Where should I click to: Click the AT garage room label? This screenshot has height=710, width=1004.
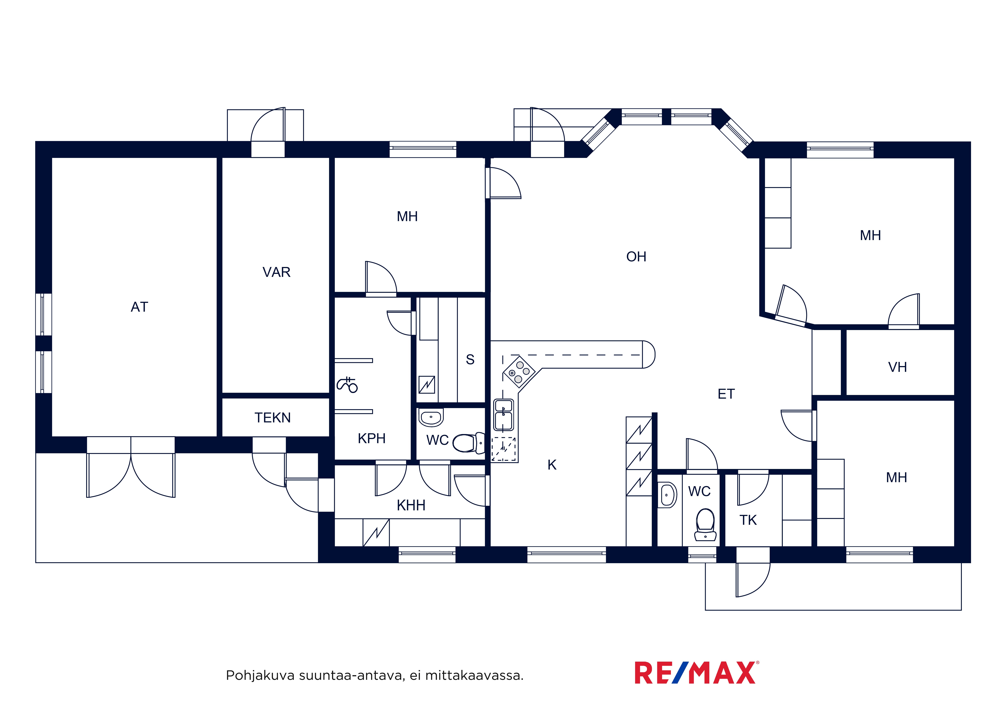click(x=139, y=307)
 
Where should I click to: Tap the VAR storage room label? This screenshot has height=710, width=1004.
click(x=276, y=272)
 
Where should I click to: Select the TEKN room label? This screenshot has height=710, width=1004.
click(x=272, y=418)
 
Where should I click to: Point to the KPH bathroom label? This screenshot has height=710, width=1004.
click(x=372, y=438)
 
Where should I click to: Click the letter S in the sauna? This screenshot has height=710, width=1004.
click(x=470, y=360)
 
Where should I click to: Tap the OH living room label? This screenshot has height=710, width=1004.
click(x=636, y=257)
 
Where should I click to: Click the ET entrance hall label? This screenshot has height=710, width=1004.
click(x=726, y=394)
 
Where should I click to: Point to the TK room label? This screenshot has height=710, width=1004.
click(x=748, y=520)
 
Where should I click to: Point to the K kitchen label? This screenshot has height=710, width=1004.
click(x=552, y=465)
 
